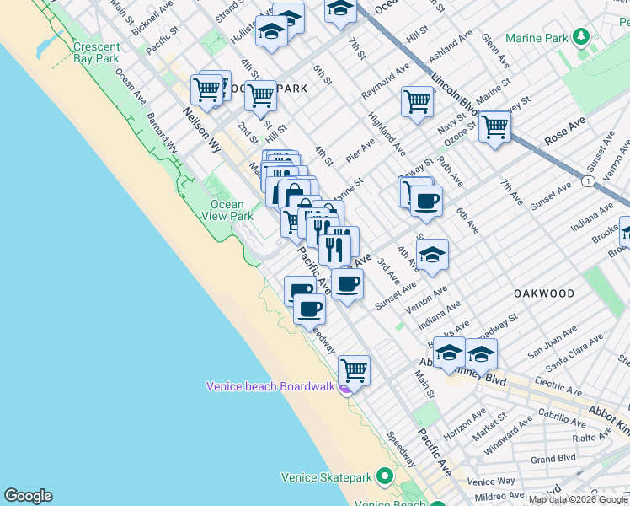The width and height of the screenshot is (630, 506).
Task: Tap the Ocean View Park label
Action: (x=227, y=210)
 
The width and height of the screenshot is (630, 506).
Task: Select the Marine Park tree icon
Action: (x=579, y=37)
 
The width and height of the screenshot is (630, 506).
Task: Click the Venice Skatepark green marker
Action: (x=386, y=477)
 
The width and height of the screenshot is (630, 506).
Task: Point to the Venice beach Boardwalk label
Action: (x=271, y=387)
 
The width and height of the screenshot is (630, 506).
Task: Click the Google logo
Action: (x=28, y=496)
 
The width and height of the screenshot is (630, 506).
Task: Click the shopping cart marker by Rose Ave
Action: (x=494, y=127)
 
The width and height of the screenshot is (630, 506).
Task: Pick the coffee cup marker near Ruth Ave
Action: (x=426, y=202)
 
